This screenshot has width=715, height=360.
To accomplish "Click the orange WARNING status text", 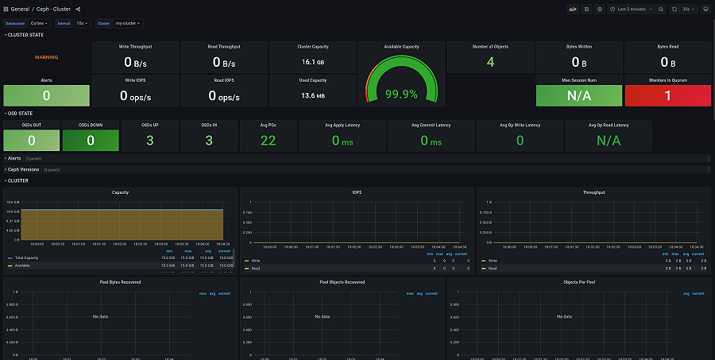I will click(46, 57).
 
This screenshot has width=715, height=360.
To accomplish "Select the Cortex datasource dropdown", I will click(39, 23).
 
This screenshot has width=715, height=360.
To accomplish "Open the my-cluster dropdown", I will click(127, 23).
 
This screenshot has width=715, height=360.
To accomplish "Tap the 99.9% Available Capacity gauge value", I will click(401, 94).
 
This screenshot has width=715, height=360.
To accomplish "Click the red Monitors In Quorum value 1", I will click(667, 95).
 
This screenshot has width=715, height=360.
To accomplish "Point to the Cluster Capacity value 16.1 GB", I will click(312, 61).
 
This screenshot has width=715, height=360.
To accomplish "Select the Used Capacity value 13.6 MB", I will click(312, 95).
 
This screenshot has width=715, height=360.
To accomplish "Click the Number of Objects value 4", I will click(490, 62).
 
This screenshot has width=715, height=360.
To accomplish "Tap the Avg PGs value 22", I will click(268, 141).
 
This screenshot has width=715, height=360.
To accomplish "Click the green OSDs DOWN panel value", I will click(91, 141).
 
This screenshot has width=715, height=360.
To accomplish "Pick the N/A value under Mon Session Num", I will click(578, 95).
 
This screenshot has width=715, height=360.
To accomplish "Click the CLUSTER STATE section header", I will click(25, 35).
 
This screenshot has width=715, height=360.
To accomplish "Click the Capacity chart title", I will click(120, 192).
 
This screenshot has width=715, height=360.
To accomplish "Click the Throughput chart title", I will click(593, 192).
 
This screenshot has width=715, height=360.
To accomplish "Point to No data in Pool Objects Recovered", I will click(322, 316).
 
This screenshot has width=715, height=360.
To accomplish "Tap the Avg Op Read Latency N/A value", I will click(609, 141).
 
